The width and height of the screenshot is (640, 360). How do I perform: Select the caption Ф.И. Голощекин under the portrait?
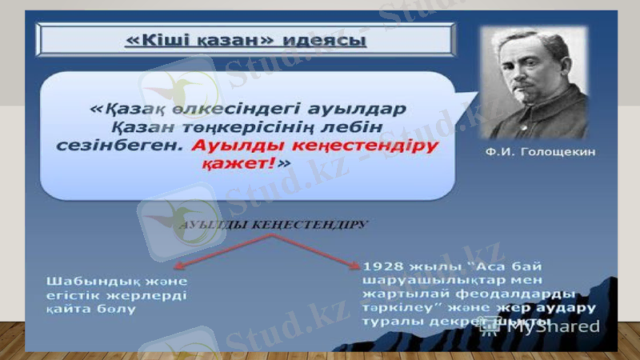click(540, 151)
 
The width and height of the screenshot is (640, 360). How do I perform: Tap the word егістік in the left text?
click(74, 295)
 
